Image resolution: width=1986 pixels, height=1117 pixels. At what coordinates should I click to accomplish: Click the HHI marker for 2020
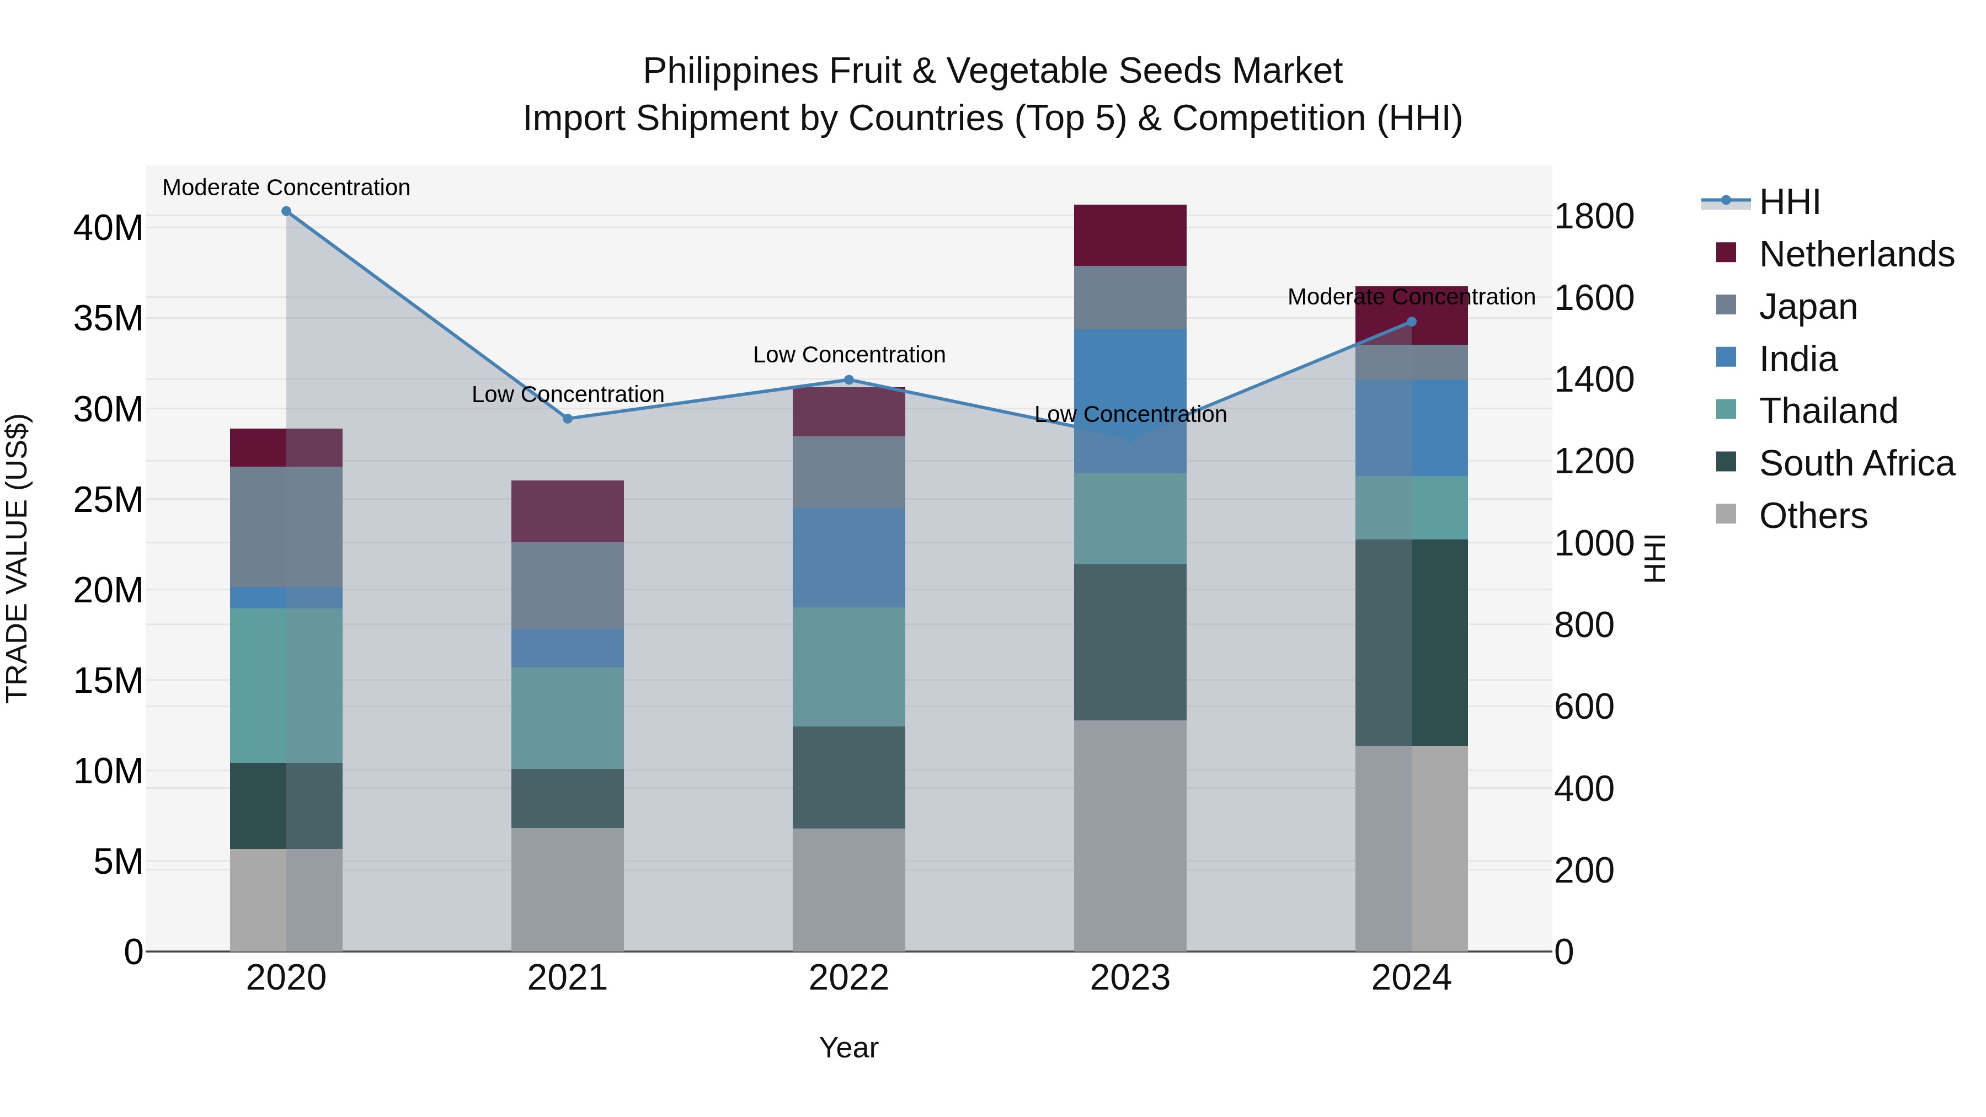click(286, 211)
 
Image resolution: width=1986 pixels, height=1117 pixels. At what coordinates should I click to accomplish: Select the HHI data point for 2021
click(568, 419)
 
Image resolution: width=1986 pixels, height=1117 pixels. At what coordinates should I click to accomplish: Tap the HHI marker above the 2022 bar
click(849, 380)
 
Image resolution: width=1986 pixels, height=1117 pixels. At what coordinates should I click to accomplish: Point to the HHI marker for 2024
click(1412, 322)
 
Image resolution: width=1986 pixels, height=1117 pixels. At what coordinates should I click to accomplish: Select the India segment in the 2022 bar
click(849, 557)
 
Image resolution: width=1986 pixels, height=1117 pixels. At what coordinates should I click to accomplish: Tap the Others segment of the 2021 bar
click(568, 889)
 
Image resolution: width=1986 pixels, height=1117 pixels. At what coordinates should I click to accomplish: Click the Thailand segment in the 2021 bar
click(568, 718)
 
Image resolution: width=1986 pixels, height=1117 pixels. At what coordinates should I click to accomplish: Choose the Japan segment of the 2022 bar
click(849, 472)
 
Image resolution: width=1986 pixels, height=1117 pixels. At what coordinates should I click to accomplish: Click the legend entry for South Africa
click(1856, 463)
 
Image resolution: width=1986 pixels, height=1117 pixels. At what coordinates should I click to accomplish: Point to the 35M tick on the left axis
click(108, 318)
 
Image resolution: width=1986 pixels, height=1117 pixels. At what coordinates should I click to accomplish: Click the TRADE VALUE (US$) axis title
click(17, 558)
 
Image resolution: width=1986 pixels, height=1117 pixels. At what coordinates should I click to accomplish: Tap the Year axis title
click(849, 1047)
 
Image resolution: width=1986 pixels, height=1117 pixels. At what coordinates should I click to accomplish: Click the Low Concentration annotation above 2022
click(849, 355)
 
